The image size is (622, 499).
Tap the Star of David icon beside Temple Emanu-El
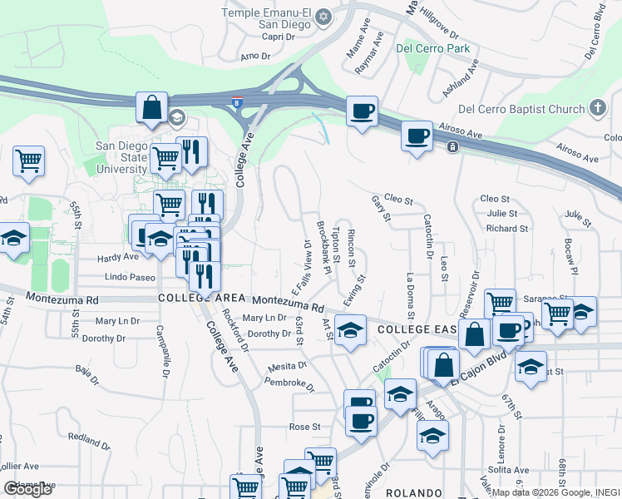click(x=325, y=15)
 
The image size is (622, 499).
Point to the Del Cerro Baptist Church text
click(x=521, y=109)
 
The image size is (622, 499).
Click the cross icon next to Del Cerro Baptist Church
click(x=597, y=108)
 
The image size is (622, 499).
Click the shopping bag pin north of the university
click(x=152, y=108)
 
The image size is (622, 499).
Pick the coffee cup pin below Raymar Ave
click(x=362, y=111)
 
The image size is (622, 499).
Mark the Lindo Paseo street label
click(x=131, y=277)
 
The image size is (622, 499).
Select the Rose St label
click(x=305, y=427)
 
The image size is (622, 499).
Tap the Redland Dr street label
click(x=89, y=437)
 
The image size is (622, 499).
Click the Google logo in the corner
click(x=27, y=489)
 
